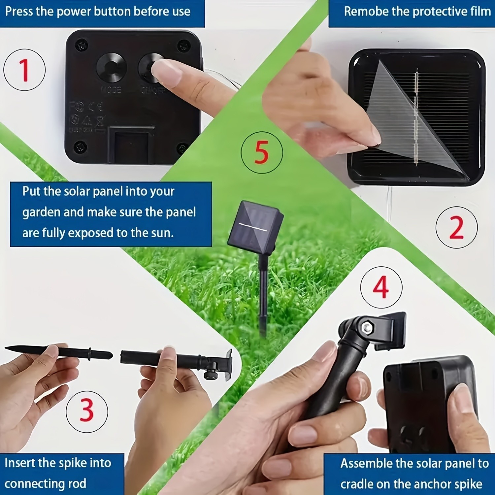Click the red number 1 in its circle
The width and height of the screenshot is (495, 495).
pyautogui.click(x=24, y=70)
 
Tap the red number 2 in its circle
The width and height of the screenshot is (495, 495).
pyautogui.click(x=456, y=227)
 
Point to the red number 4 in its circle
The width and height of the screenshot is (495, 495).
pyautogui.click(x=381, y=287)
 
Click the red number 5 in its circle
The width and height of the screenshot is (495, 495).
pyautogui.click(x=262, y=152)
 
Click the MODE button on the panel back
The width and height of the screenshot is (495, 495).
pyautogui.click(x=111, y=68)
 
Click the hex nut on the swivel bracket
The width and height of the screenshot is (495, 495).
pyautogui.click(x=367, y=328)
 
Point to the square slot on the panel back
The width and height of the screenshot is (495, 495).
pyautogui.click(x=131, y=145)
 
